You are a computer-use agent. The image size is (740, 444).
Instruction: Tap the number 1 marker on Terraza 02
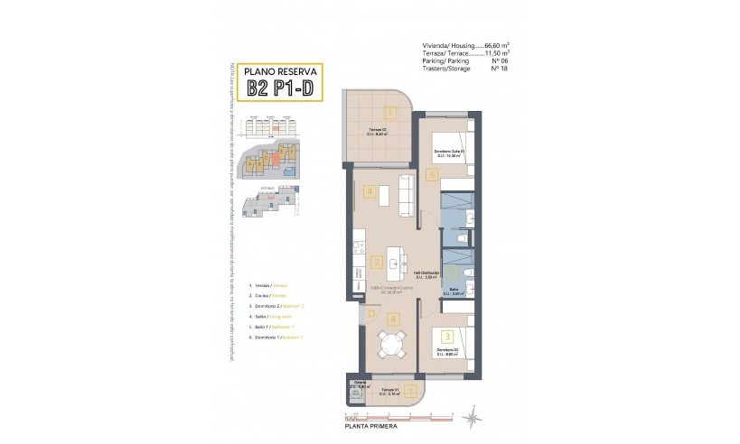coord(389,113)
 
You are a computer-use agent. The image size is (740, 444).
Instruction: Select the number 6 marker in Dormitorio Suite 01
coord(432,173)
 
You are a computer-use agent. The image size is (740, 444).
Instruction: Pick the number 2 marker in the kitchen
coord(377,264)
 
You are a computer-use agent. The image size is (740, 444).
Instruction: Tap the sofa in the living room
coord(407,191)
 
